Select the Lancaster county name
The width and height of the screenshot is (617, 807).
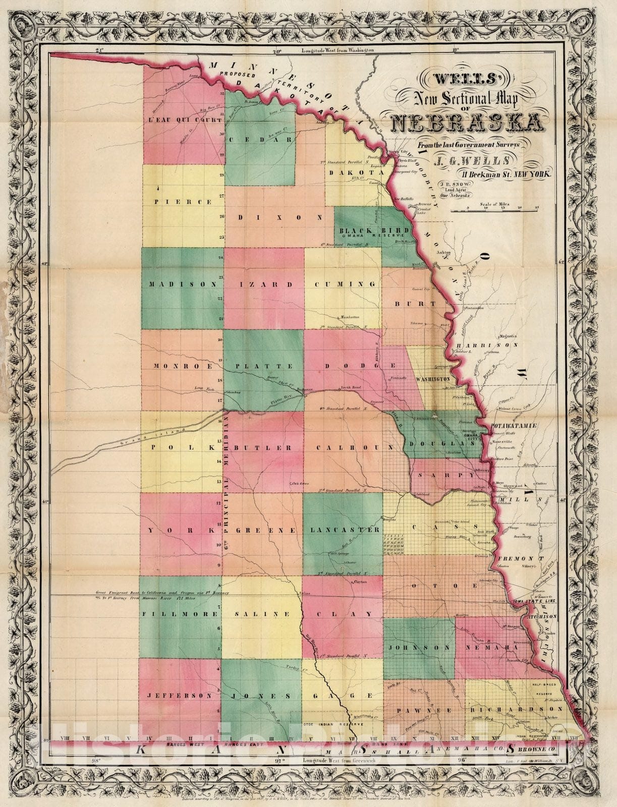(x=345, y=530)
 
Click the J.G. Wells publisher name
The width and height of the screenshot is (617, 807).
(x=464, y=162)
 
